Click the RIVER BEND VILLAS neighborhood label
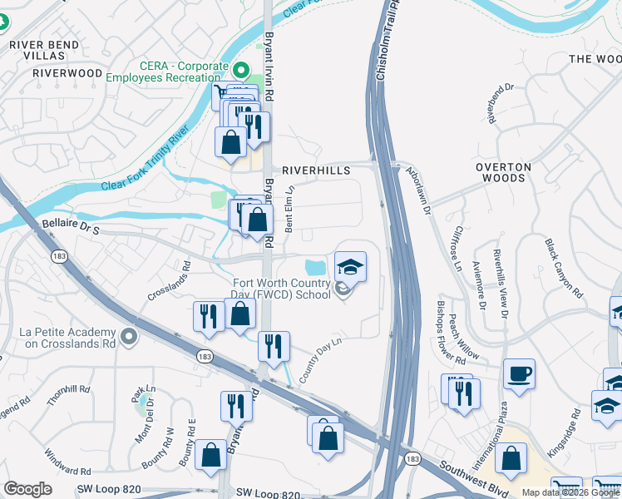pyautogui.click(x=44, y=49)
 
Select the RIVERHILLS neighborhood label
pyautogui.click(x=316, y=170)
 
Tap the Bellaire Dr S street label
pyautogui.click(x=70, y=225)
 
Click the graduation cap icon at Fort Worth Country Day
pyautogui.click(x=350, y=267)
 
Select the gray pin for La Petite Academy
pyautogui.click(x=127, y=337)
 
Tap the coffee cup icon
pyautogui.click(x=519, y=374)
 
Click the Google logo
pyautogui.click(x=27, y=489)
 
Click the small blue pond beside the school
pyautogui.click(x=315, y=268)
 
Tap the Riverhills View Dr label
pyautogui.click(x=499, y=283)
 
